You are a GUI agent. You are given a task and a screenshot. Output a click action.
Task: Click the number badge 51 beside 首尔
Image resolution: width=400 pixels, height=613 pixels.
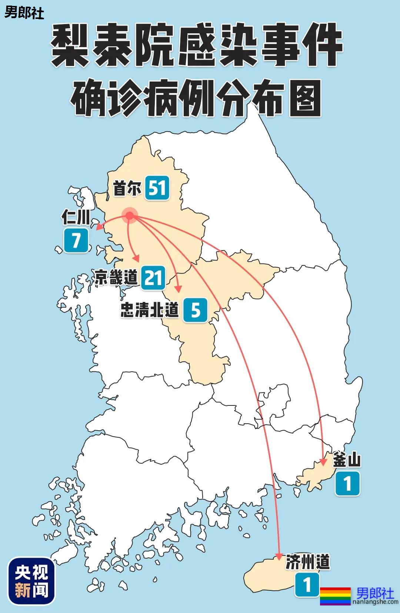point(157,188)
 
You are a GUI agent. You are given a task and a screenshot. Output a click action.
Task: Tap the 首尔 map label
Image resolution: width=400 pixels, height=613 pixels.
point(127,188)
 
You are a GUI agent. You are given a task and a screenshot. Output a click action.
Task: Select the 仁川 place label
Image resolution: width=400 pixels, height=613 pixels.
point(76,217)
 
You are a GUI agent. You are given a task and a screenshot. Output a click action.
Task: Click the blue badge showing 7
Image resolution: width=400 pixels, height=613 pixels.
point(76,241)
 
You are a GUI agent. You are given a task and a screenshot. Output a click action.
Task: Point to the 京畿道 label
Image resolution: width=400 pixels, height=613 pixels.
point(116,277)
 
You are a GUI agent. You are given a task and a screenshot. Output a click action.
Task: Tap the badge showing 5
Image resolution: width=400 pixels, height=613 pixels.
point(195,310)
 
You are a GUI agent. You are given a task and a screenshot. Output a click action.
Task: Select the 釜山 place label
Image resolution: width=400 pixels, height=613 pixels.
point(347,460)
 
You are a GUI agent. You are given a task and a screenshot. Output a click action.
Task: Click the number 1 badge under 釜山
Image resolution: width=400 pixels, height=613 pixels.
point(347,483)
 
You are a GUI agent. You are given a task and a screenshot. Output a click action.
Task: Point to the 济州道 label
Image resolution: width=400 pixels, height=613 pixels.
point(307,562)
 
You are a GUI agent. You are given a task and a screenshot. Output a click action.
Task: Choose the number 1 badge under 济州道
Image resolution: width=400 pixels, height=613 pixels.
point(307,585)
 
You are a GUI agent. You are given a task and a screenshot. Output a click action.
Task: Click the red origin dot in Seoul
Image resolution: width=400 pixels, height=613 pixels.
point(130,215)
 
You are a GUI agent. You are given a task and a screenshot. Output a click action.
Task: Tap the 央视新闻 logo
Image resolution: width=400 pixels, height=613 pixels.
point(31,581)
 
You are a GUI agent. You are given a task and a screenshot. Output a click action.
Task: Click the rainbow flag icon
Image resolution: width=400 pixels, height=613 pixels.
point(335,596)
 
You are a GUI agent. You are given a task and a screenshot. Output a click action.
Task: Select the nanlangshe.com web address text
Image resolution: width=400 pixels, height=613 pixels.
point(375,602)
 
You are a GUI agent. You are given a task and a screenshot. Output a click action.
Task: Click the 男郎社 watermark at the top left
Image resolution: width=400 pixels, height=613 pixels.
point(24,13)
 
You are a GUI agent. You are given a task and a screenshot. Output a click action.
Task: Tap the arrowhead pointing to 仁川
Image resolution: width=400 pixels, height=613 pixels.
point(99,227)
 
